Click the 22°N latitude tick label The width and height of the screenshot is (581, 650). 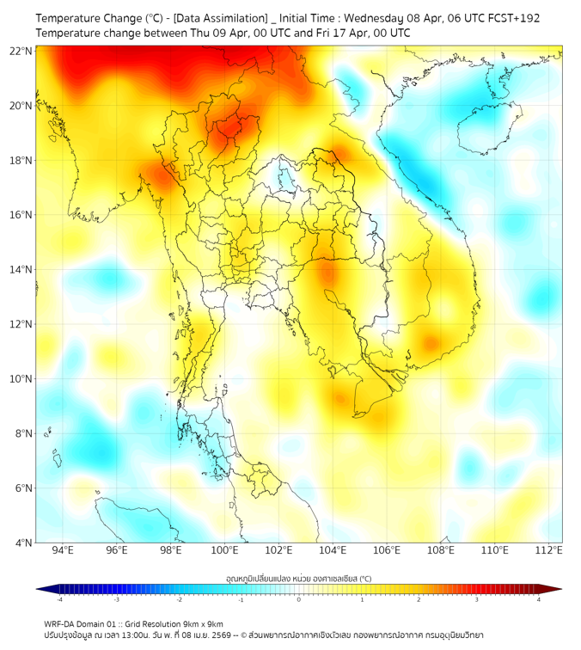[x=21, y=51]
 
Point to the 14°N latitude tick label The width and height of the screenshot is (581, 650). [x=21, y=269]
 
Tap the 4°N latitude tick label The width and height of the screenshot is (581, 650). [x=24, y=543]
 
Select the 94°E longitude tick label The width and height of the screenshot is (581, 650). [x=62, y=550]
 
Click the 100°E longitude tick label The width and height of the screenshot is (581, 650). [x=224, y=550]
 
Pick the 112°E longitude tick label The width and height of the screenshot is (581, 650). [x=549, y=550]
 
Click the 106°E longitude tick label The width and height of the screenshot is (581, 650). [x=387, y=550]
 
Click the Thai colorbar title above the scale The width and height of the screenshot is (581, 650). [x=298, y=579]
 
